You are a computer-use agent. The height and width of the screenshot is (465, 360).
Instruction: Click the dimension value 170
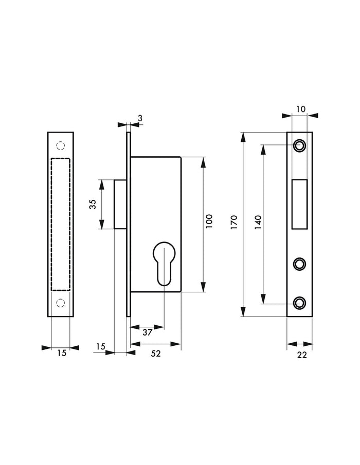point(233,225)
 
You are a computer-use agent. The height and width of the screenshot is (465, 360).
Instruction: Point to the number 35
point(93,204)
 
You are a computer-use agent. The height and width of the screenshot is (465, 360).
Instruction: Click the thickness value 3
point(140,119)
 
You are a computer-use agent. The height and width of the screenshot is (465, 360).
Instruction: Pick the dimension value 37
point(147,332)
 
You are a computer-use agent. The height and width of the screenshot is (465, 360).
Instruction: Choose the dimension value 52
point(156,354)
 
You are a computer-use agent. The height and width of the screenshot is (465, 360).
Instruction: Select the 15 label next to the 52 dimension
point(101,347)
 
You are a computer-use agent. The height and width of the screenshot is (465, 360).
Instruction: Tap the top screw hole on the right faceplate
point(299,146)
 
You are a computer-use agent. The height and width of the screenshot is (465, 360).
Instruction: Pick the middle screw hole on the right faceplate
point(299,264)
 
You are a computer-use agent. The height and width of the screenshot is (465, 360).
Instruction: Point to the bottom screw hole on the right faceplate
point(299,303)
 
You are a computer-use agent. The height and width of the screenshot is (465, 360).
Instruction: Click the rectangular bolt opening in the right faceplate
point(299,204)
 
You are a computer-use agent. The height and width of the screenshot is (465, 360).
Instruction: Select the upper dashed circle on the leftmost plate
point(61,146)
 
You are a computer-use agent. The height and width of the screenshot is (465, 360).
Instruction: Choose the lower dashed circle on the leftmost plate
point(61,302)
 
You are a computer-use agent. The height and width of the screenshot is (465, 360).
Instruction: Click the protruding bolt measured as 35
point(120,204)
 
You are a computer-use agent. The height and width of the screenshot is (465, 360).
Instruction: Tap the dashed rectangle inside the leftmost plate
point(61,224)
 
